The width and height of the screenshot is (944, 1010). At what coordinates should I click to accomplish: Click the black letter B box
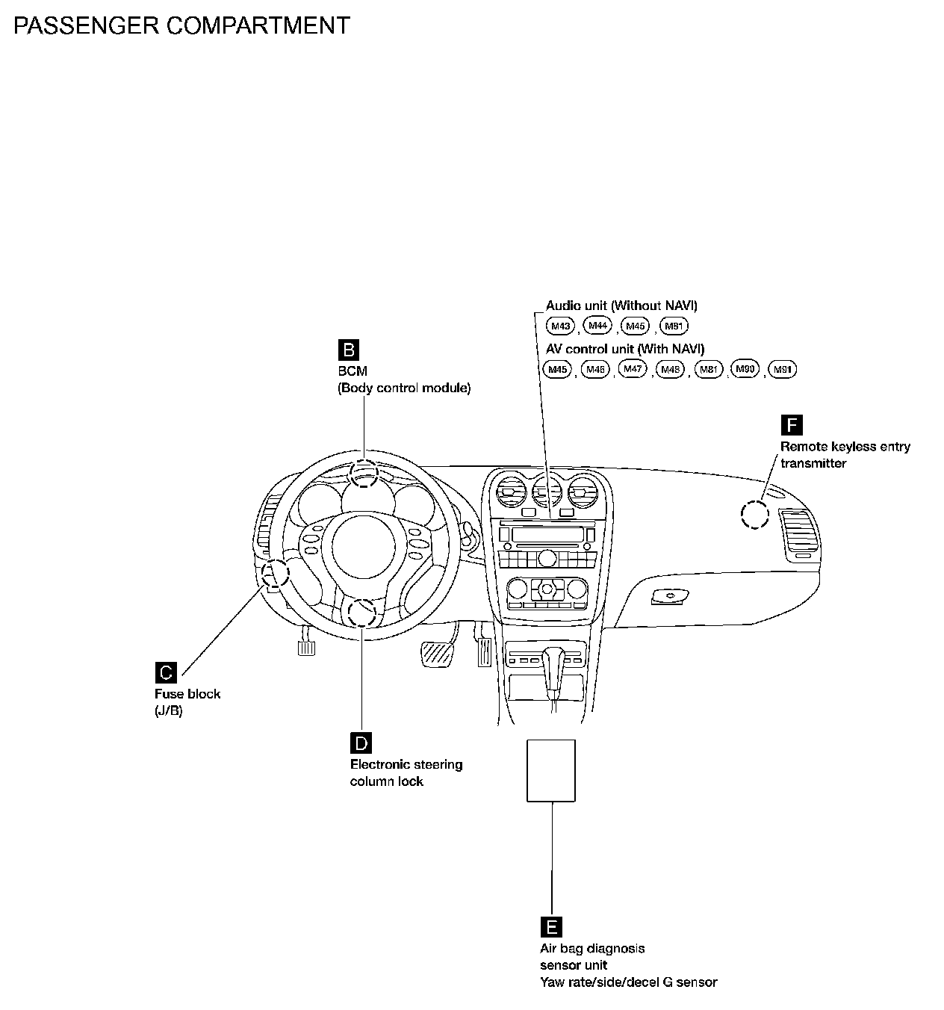click(x=349, y=350)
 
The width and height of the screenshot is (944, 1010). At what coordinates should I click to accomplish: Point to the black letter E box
click(x=551, y=927)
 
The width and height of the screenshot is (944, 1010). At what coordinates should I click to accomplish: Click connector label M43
click(x=560, y=326)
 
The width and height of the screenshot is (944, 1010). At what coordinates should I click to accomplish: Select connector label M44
click(x=597, y=325)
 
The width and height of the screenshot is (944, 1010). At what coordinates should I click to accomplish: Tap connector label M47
click(x=633, y=369)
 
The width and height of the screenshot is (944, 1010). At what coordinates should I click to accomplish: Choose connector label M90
click(x=745, y=369)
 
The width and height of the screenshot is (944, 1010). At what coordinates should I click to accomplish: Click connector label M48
click(x=670, y=369)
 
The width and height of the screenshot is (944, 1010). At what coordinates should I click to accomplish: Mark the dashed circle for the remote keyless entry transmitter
click(x=754, y=514)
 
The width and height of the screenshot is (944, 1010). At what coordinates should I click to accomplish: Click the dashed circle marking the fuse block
click(x=276, y=574)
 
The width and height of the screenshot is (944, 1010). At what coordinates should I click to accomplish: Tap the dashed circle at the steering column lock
click(x=361, y=613)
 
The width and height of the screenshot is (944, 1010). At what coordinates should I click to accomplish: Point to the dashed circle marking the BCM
click(x=364, y=473)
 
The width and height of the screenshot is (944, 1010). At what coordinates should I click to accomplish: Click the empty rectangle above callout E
click(x=551, y=770)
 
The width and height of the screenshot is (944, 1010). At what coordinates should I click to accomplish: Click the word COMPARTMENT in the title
click(x=257, y=25)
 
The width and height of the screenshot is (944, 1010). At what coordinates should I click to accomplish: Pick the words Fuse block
click(x=187, y=694)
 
